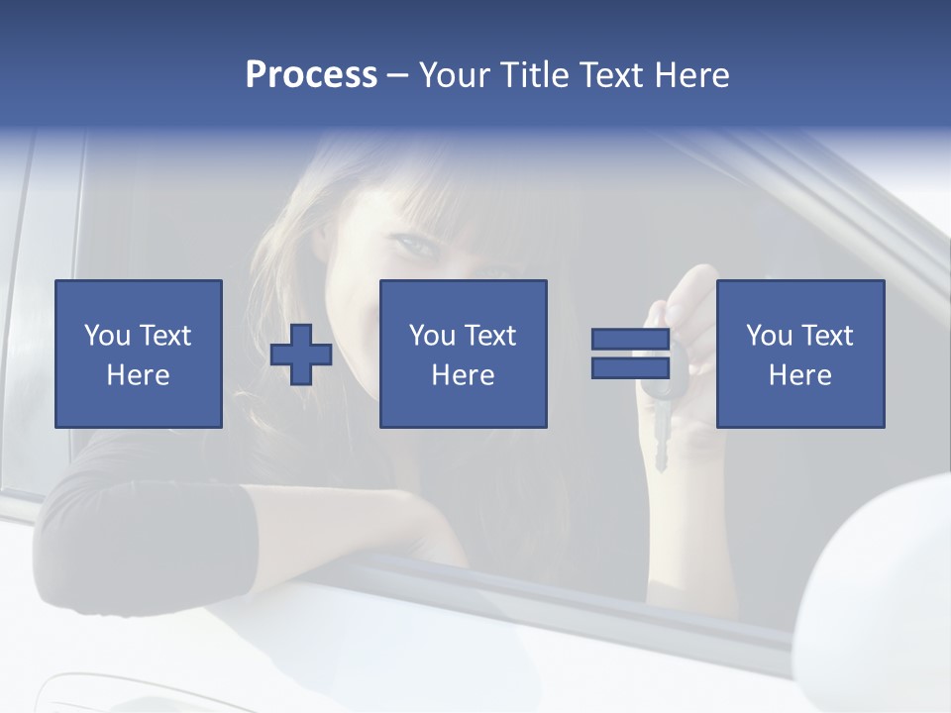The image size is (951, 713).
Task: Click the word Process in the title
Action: (x=311, y=75)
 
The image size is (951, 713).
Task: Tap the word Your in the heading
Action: (x=455, y=75)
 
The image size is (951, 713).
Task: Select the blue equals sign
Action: (x=630, y=355)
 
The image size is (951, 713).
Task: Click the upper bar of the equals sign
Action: (x=630, y=340)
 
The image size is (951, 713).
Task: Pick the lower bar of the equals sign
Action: (x=630, y=368)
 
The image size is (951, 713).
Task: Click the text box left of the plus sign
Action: (x=139, y=355)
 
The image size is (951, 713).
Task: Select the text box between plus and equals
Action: (x=464, y=355)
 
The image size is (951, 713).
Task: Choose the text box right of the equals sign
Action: (x=800, y=355)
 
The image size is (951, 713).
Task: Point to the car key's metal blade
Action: (x=661, y=441)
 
